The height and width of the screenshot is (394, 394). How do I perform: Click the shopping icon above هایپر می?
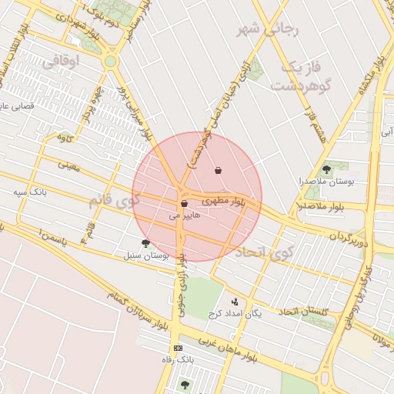coord(184,204)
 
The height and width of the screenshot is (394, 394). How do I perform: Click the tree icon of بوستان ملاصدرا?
coord(326,169)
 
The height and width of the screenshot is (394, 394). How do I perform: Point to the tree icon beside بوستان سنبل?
coord(145,243)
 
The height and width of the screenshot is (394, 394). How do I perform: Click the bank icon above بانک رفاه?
coord(179,349)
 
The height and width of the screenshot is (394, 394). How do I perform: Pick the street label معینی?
coord(68,164)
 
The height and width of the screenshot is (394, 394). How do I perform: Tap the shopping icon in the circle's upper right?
coord(219,171)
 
